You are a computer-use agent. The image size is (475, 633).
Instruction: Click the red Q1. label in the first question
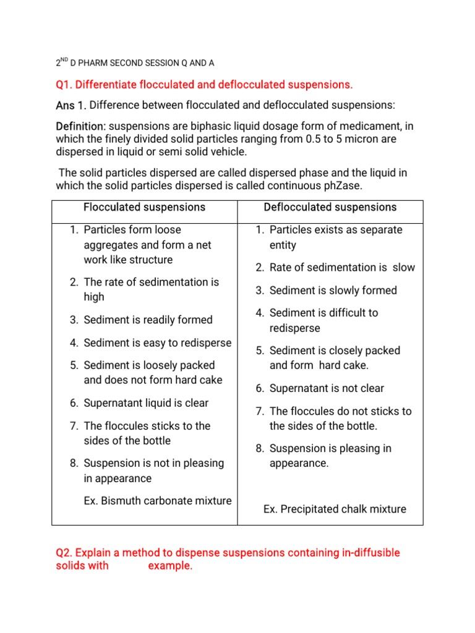tap(65, 84)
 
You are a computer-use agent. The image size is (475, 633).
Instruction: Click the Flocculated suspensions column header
tap(144, 207)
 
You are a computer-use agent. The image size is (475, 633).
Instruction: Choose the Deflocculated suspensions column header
tap(330, 207)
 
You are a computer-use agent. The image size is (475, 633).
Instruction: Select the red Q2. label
tap(66, 553)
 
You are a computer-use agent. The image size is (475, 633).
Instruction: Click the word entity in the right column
tap(283, 245)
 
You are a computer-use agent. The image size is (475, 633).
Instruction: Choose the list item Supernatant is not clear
tap(327, 388)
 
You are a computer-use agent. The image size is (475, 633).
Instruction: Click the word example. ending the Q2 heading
tap(170, 566)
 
